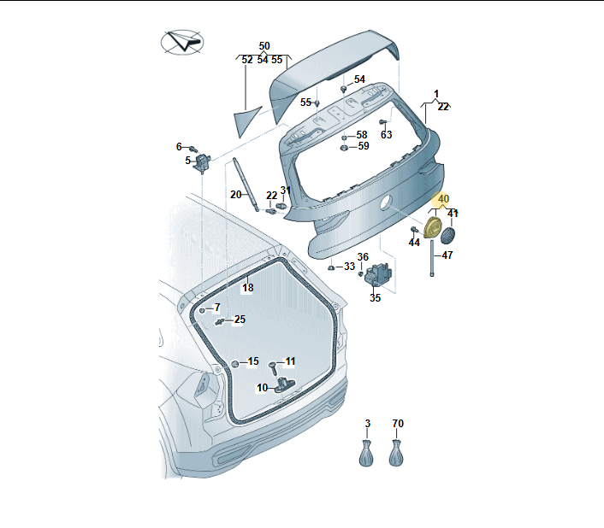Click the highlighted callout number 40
click(x=443, y=199)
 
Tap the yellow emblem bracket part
click(x=433, y=227)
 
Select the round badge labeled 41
click(x=447, y=235)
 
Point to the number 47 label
click(x=447, y=255)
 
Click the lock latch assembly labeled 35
click(x=378, y=274)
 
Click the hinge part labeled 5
click(x=203, y=162)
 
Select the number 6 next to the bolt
click(x=179, y=146)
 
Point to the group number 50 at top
click(x=264, y=46)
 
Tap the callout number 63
click(x=386, y=135)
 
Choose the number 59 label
click(x=364, y=146)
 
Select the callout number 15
click(x=253, y=361)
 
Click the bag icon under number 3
click(x=366, y=454)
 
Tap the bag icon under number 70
click(x=396, y=454)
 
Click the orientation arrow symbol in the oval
click(x=182, y=42)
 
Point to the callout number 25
click(x=240, y=320)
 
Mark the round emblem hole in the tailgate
click(x=386, y=202)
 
